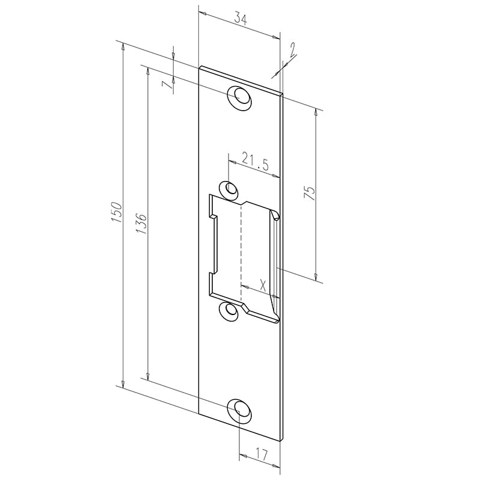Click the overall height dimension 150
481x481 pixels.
click(118, 212)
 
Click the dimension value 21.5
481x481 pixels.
click(254, 160)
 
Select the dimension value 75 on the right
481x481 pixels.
click(310, 192)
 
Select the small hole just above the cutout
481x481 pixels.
click(229, 189)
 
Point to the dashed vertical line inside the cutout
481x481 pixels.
click(241, 253)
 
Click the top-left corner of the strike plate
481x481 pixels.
click(200, 66)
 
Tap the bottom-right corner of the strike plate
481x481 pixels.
click(281, 440)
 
